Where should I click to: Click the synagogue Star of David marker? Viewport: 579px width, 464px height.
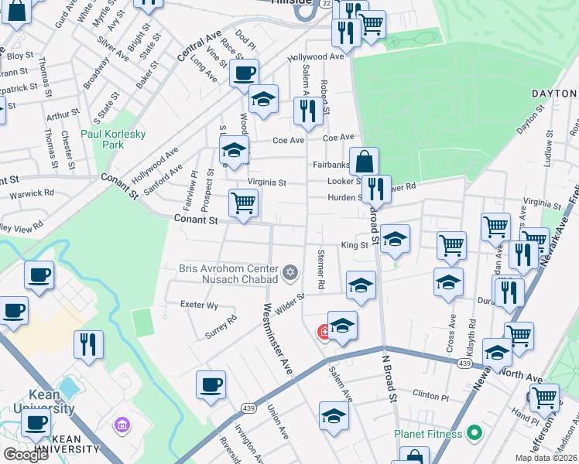click(290, 271)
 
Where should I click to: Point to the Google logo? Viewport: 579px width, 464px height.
click(26, 455)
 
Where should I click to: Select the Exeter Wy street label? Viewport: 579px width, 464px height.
click(200, 305)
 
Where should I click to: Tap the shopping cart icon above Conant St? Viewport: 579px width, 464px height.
click(243, 203)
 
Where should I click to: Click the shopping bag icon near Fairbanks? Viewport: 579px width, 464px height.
click(364, 162)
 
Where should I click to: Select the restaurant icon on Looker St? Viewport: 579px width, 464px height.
click(376, 189)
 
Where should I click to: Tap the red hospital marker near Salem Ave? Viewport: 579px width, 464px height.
click(324, 333)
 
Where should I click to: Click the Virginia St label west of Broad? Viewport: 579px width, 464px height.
click(266, 183)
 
